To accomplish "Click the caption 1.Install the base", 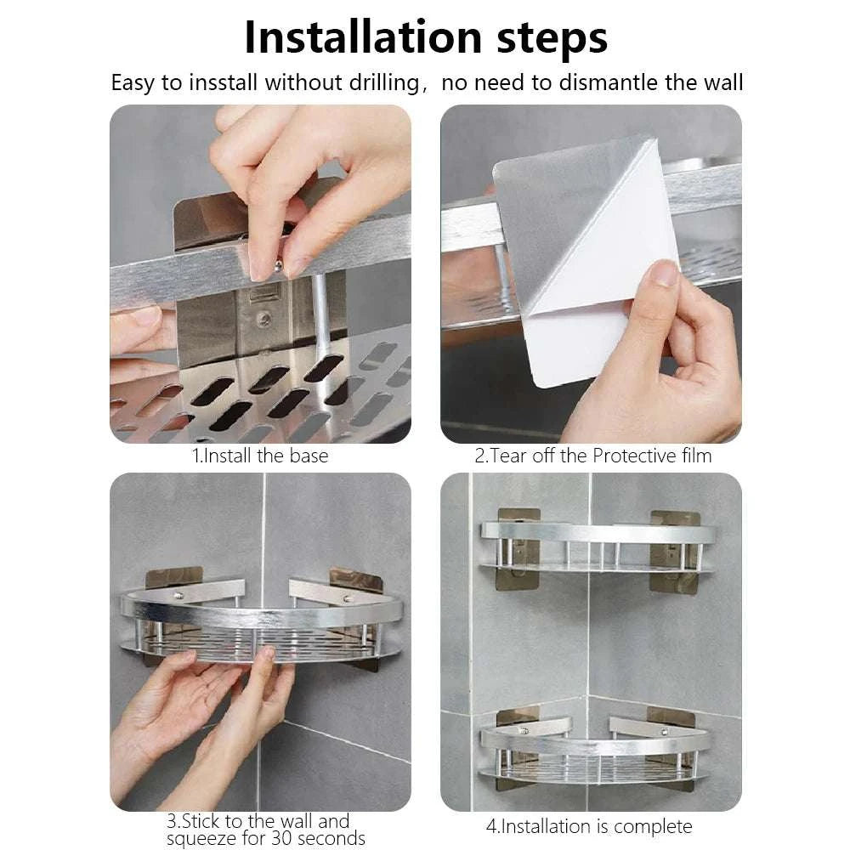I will [x=259, y=456].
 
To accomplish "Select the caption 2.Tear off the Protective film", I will [x=592, y=456].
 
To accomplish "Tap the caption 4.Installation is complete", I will [x=588, y=826].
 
